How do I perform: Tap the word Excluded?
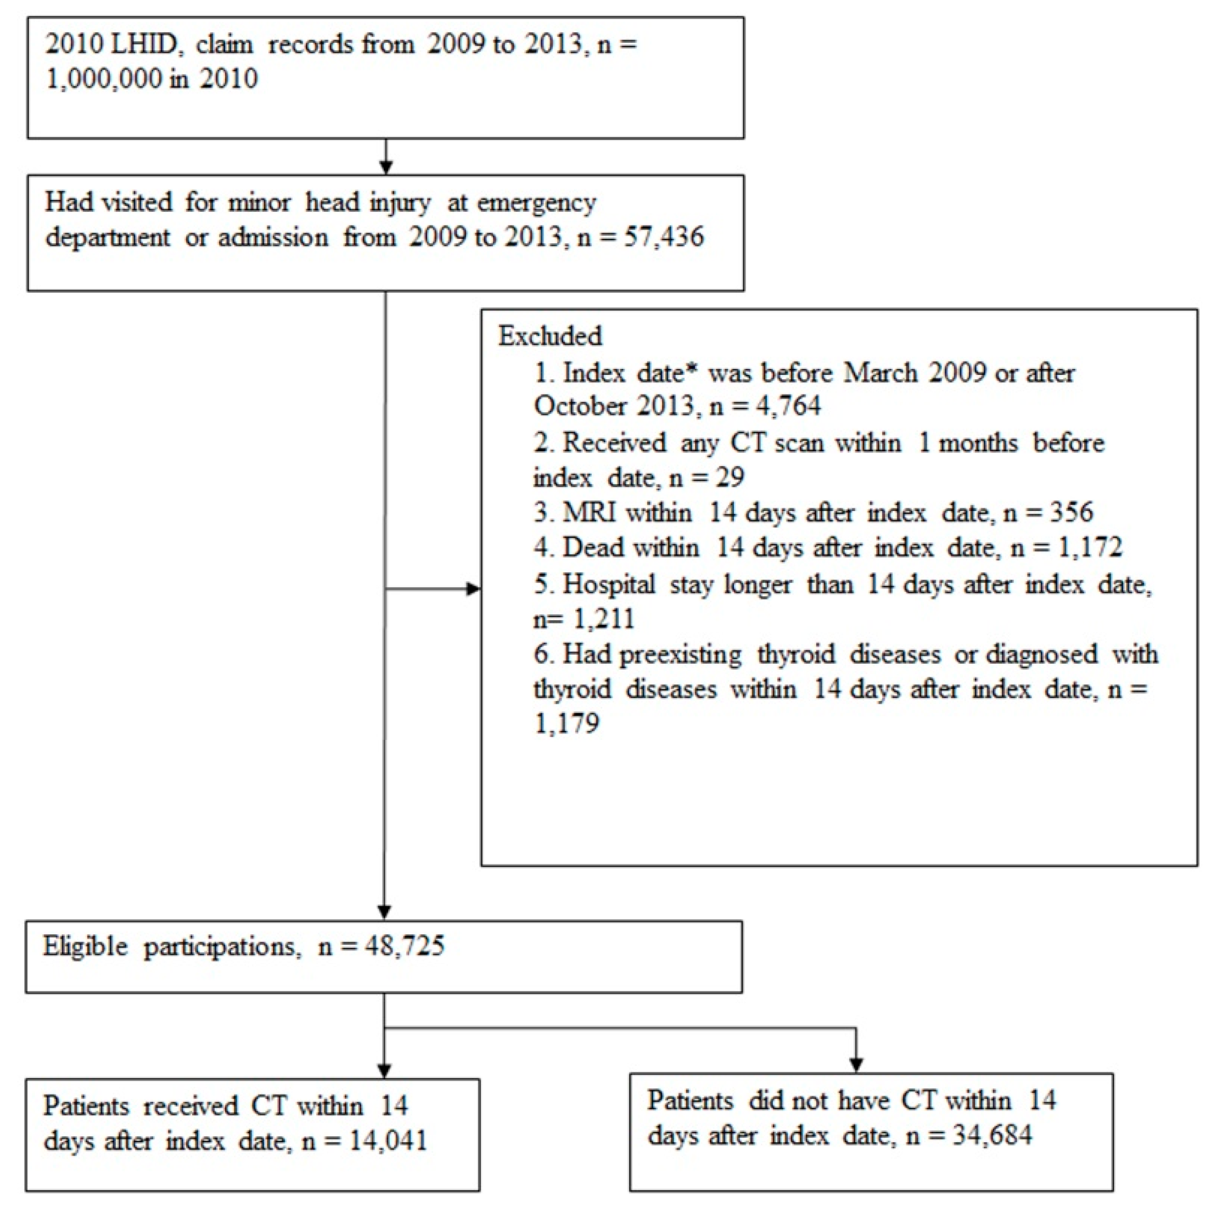[550, 336]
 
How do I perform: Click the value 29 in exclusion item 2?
[730, 477]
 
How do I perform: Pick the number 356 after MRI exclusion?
[1072, 512]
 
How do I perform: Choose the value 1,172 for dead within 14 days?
[1090, 547]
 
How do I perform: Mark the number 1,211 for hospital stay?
[603, 619]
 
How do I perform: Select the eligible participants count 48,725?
[405, 947]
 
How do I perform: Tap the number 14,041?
[388, 1141]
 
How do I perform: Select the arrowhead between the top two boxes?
[385, 167]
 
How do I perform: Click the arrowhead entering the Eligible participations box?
[384, 912]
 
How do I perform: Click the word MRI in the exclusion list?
[588, 512]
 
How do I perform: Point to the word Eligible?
[86, 947]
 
